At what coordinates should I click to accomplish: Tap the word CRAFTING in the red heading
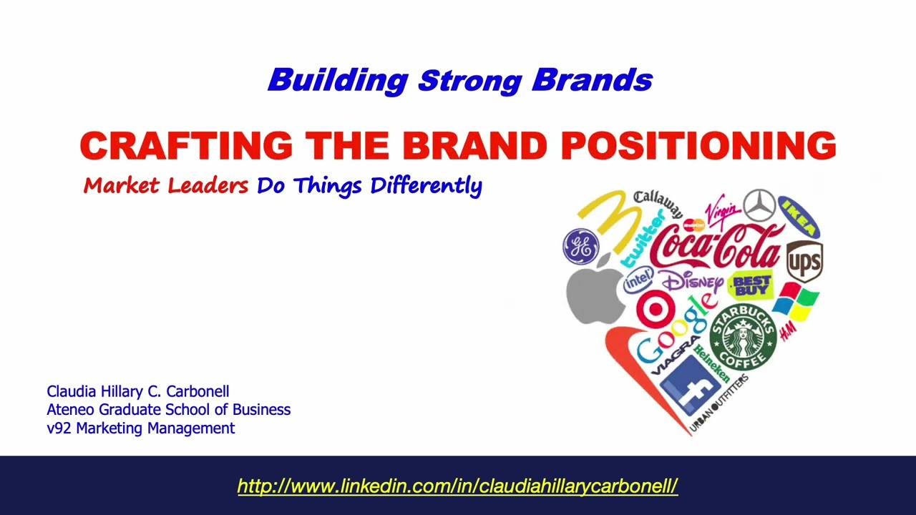(x=186, y=146)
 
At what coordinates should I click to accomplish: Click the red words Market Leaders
(x=165, y=186)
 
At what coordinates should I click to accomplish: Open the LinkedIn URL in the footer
(x=457, y=486)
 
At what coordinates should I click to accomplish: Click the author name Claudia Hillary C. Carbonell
(x=138, y=391)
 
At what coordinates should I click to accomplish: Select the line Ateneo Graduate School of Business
(x=168, y=410)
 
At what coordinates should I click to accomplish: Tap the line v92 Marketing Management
(x=140, y=428)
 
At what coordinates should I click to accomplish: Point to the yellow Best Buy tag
(x=751, y=285)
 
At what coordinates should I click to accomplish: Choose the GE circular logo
(x=580, y=245)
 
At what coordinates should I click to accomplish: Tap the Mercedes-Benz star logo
(x=759, y=205)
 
